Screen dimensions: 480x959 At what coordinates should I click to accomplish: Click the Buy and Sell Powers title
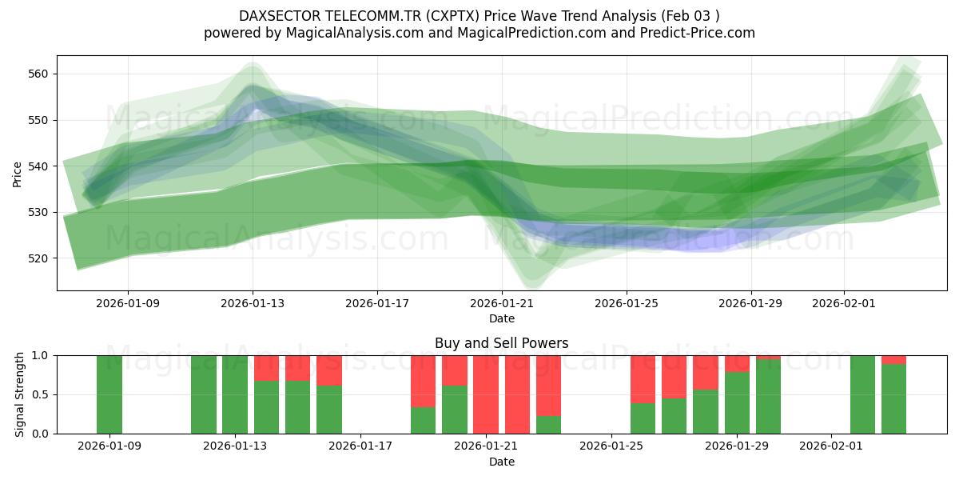point(501,343)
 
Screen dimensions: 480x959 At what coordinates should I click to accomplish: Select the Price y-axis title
point(18,173)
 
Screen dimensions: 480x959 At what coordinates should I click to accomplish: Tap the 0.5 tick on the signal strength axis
point(40,394)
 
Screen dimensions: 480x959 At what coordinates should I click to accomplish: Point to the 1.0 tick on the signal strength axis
point(40,355)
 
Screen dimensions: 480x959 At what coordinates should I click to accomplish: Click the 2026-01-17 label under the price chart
point(377,303)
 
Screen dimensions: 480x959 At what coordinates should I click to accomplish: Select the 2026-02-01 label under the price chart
point(845,303)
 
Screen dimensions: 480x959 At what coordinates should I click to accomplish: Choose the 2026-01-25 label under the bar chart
point(611,446)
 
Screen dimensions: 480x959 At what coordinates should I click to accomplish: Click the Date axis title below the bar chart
point(501,462)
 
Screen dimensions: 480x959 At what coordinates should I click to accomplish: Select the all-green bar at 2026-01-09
point(109,394)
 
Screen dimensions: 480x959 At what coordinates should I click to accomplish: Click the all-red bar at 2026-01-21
point(486,394)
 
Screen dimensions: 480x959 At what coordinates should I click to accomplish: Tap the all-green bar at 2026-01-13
point(235,394)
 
